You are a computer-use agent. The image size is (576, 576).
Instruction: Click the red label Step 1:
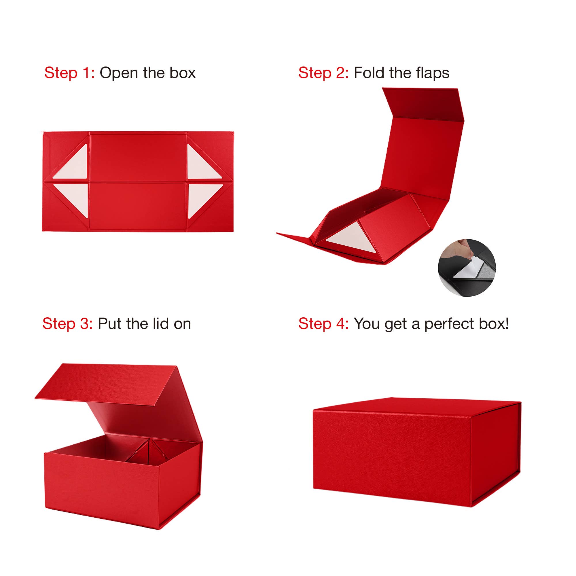(69, 73)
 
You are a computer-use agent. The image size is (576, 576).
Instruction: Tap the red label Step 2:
(323, 73)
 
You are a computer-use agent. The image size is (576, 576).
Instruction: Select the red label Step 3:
(67, 324)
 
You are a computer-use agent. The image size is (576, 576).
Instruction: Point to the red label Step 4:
(323, 324)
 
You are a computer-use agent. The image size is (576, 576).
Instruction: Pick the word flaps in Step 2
(432, 73)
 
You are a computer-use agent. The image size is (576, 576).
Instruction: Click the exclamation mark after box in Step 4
(507, 324)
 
